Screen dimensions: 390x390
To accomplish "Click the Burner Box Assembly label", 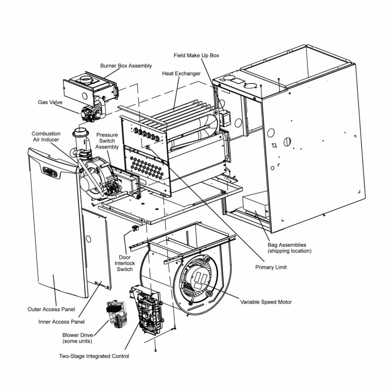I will (x=126, y=66).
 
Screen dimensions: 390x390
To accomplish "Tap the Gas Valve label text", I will (x=50, y=102).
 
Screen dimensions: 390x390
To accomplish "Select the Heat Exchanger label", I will (x=181, y=74).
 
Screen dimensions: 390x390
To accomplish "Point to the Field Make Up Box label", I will (x=196, y=56).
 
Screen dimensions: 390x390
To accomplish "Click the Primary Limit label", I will (x=271, y=267).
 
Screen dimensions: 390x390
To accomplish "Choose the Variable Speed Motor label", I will (x=266, y=302).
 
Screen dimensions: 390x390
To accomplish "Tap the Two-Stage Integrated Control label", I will (x=94, y=356).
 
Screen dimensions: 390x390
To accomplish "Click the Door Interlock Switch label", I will (x=125, y=263).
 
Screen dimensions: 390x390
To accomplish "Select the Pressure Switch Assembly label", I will (x=107, y=141).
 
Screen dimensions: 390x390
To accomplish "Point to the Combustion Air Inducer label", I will (x=46, y=137).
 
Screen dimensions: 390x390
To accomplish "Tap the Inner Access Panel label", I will (x=61, y=322).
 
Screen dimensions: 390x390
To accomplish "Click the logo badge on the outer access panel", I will (x=50, y=172).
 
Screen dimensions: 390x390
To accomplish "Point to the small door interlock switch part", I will (x=134, y=229).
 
